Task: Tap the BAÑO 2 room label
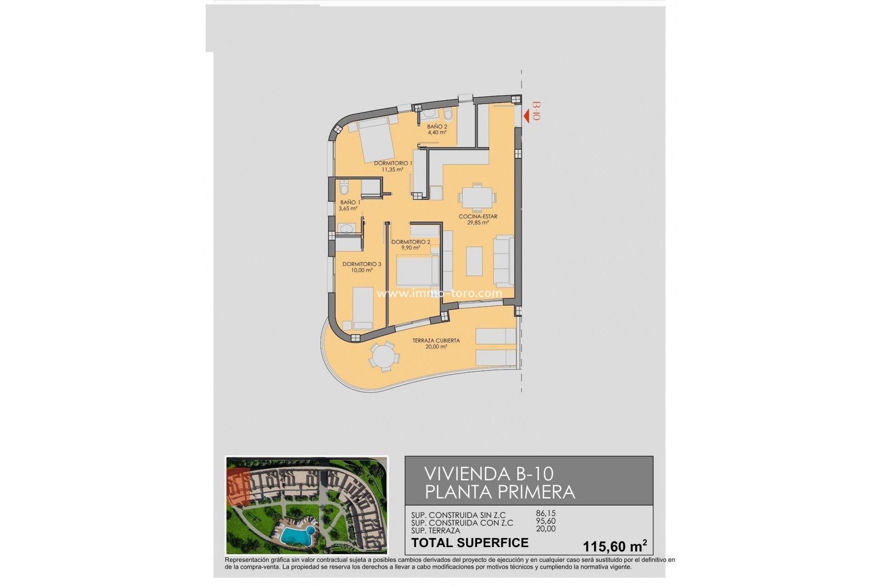click(437, 127)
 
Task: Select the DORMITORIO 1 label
click(393, 163)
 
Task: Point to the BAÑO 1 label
click(350, 202)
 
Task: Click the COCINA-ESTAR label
click(478, 217)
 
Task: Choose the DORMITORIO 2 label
click(411, 242)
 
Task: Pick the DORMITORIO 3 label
click(362, 264)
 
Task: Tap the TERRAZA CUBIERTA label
click(436, 341)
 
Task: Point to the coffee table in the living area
click(474, 261)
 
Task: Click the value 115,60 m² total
click(614, 546)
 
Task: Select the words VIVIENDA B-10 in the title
click(488, 474)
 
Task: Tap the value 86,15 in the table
click(546, 514)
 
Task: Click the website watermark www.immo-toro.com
click(439, 293)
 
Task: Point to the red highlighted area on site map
click(238, 489)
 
